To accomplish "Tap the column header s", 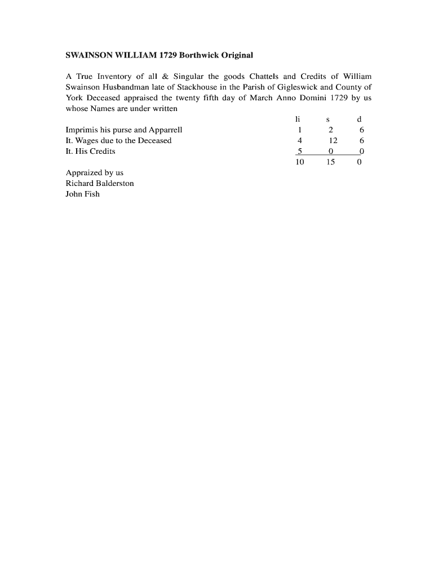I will coord(328,119).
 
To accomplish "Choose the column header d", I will coord(360,119).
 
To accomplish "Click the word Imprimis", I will coord(82,130).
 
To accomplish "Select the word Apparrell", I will coord(166,130).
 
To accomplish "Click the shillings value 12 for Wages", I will coord(333,141).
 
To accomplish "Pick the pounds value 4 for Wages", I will coord(299,141).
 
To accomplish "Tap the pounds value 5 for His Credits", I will coord(299,152).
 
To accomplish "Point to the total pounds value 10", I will coord(299,162).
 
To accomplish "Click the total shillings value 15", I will coord(331,162).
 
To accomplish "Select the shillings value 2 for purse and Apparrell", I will coord(331,130).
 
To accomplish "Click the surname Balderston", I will coord(115,184).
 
